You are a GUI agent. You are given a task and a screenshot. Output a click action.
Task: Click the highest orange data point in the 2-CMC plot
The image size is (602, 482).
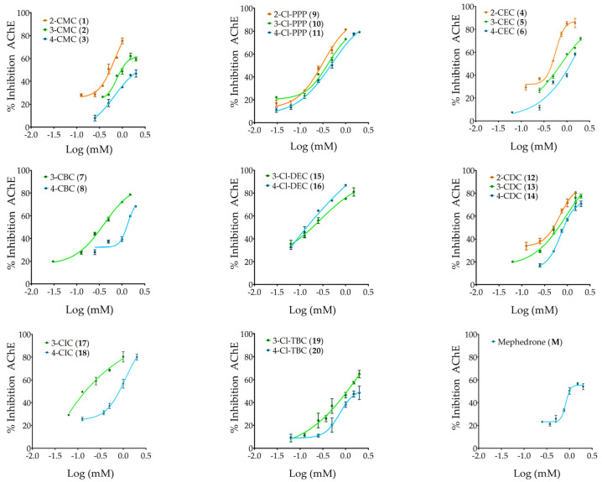tap(122, 40)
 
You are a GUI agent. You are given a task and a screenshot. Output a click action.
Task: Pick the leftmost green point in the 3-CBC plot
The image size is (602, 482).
tap(53, 262)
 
